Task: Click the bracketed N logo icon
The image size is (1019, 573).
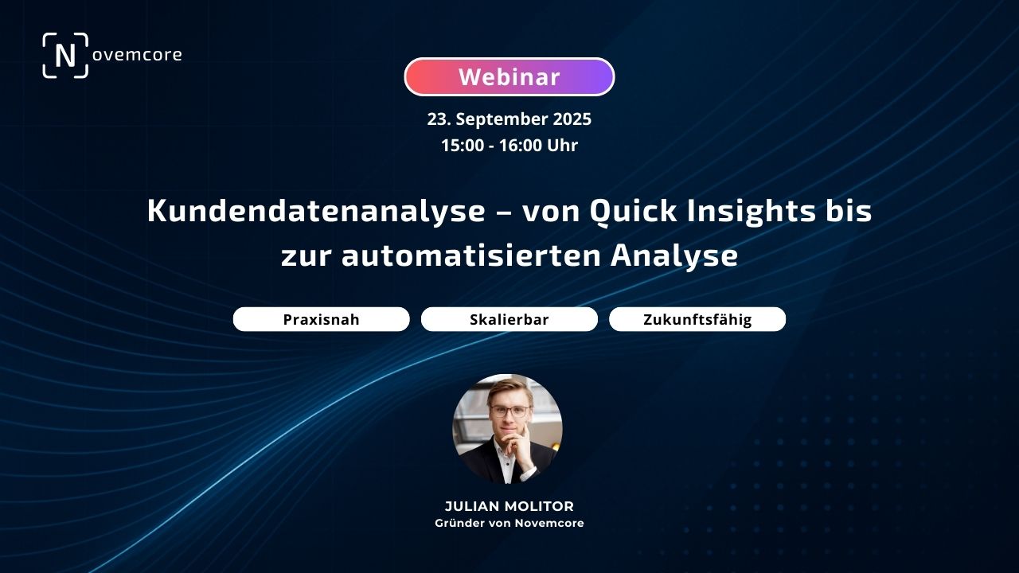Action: [65, 56]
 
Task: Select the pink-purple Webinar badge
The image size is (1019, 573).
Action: [509, 77]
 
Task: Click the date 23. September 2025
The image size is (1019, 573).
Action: [509, 119]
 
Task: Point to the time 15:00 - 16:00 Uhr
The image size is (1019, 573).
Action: [509, 146]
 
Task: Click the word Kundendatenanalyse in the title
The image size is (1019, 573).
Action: [316, 212]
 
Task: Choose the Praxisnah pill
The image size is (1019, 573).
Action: [321, 319]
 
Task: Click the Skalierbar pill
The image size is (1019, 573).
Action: [509, 319]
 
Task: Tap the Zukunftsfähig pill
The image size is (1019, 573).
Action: [697, 319]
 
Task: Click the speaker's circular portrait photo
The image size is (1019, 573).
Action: [508, 429]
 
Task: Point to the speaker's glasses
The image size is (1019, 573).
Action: [509, 411]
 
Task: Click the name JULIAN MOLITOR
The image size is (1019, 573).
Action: [509, 507]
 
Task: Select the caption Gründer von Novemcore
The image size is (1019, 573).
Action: [509, 523]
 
